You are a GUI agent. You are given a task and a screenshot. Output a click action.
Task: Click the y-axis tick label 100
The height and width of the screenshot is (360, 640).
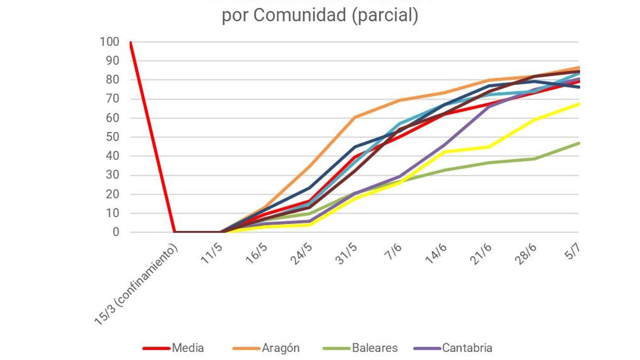(109, 42)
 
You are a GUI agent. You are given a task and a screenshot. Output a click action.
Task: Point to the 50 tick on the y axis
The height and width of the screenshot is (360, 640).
(112, 137)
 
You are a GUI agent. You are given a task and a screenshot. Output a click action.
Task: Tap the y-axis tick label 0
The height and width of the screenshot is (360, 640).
(116, 232)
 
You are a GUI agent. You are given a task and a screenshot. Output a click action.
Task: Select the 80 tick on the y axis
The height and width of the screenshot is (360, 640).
(112, 80)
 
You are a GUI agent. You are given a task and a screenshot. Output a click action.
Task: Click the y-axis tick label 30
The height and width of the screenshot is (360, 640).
(112, 175)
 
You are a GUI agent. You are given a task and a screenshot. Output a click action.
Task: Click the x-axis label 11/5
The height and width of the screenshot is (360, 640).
(211, 253)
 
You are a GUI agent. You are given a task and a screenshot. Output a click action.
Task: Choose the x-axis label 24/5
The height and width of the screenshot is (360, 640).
(301, 254)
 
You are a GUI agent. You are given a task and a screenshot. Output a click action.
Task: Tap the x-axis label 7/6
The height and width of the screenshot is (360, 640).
(393, 251)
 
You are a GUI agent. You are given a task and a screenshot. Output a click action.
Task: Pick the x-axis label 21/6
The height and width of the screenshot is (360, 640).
(480, 254)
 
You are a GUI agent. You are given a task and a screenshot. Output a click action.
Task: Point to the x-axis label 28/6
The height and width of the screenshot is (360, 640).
(525, 254)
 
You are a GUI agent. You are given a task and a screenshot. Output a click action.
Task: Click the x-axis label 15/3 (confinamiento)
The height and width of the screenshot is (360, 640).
(136, 284)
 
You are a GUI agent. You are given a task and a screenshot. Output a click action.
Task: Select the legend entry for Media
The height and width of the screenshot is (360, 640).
(188, 348)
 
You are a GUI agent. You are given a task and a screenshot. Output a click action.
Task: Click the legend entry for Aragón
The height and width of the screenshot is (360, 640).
(280, 348)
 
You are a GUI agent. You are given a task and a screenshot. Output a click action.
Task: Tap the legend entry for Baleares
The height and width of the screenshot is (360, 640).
(374, 348)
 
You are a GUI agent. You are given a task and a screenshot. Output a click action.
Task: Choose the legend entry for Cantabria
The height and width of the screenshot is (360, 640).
(467, 348)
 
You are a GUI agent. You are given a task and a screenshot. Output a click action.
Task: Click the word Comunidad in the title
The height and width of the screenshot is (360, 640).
(300, 15)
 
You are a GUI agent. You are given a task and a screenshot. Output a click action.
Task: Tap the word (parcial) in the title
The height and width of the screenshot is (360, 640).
(385, 15)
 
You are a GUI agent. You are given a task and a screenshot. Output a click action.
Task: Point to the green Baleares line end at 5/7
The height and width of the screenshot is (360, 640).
(578, 143)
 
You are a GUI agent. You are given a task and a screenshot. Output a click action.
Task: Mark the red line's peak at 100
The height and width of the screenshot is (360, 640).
(130, 42)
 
